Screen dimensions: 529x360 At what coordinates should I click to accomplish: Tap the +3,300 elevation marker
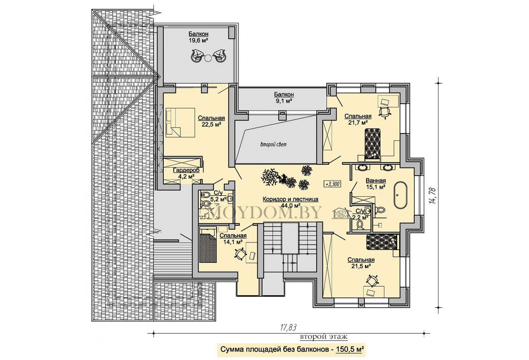332,184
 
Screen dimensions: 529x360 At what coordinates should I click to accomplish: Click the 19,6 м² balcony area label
199,40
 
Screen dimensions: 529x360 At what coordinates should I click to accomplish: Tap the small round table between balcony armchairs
208,57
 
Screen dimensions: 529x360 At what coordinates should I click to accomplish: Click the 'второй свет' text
273,144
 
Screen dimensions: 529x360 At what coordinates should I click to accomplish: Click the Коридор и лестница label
290,199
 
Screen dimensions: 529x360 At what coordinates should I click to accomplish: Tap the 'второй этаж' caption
324,337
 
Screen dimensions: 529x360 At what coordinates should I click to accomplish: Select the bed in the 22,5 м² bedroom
180,122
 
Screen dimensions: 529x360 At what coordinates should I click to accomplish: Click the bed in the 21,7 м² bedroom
372,143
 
